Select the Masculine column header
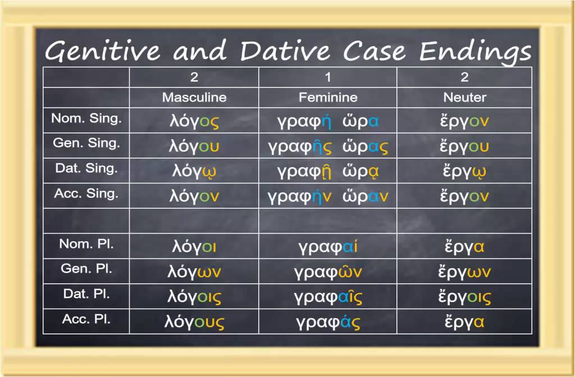click(x=194, y=98)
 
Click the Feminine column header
click(x=328, y=98)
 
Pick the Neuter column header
click(x=464, y=98)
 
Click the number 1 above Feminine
click(x=328, y=77)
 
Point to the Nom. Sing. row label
click(x=86, y=119)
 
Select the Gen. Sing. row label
click(x=86, y=143)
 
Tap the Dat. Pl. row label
click(x=86, y=294)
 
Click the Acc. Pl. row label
click(x=86, y=319)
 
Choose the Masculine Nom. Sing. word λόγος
click(x=194, y=122)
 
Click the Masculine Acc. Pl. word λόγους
click(x=194, y=323)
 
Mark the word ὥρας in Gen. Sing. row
click(x=366, y=147)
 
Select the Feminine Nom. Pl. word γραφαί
click(x=328, y=247)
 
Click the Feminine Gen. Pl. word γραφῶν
click(x=328, y=272)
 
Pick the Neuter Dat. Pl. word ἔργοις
click(x=464, y=297)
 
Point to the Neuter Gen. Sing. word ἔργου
click(x=464, y=147)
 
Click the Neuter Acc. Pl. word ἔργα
click(x=464, y=323)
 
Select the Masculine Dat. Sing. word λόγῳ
click(x=194, y=172)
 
